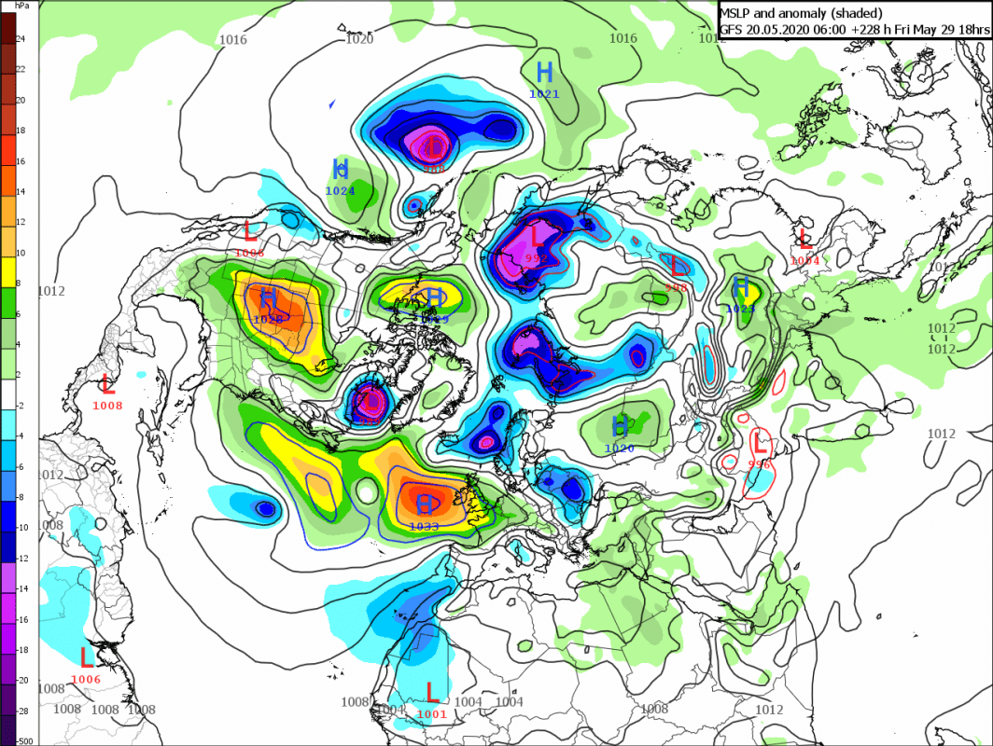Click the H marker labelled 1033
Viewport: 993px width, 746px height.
coord(425,504)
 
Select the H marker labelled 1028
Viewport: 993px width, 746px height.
coord(268,298)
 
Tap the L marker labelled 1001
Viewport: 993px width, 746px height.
coord(432,692)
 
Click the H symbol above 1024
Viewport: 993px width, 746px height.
coord(341,169)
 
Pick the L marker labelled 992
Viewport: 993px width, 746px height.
coord(537,237)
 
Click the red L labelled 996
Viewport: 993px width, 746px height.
coord(760,441)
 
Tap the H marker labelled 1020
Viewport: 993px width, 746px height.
coord(619,427)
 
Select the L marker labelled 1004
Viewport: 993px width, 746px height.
coord(804,239)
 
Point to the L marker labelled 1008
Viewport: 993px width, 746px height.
coord(107,383)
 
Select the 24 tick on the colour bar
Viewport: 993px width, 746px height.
coord(21,40)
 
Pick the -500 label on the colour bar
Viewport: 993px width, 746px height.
coord(23,739)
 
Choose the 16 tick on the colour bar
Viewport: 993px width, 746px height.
coord(21,161)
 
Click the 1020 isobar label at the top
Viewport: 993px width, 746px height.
coord(359,39)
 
